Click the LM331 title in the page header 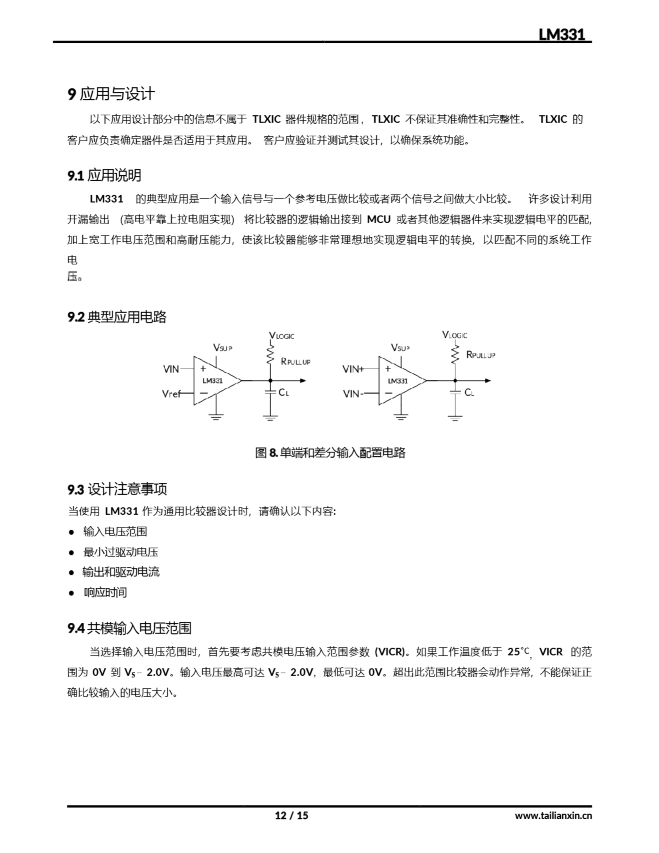pyautogui.click(x=561, y=34)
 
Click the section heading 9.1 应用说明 pyautogui.click(x=104, y=175)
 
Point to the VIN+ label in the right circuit pyautogui.click(x=353, y=369)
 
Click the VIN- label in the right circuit pyautogui.click(x=353, y=394)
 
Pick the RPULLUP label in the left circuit pyautogui.click(x=295, y=361)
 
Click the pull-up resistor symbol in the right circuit pyautogui.click(x=455, y=355)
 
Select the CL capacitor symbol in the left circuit pyautogui.click(x=270, y=392)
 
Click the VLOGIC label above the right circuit pyautogui.click(x=454, y=335)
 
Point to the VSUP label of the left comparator pyautogui.click(x=222, y=347)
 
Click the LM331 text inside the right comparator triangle pyautogui.click(x=398, y=381)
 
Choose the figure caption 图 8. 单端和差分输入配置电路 pyautogui.click(x=330, y=453)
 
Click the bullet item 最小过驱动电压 pyautogui.click(x=120, y=552)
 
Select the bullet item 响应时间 pyautogui.click(x=105, y=592)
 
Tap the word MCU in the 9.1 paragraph pyautogui.click(x=378, y=220)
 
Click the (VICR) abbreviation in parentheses pyautogui.click(x=389, y=652)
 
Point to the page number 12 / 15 pyautogui.click(x=292, y=815)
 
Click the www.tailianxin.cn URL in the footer pyautogui.click(x=553, y=815)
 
